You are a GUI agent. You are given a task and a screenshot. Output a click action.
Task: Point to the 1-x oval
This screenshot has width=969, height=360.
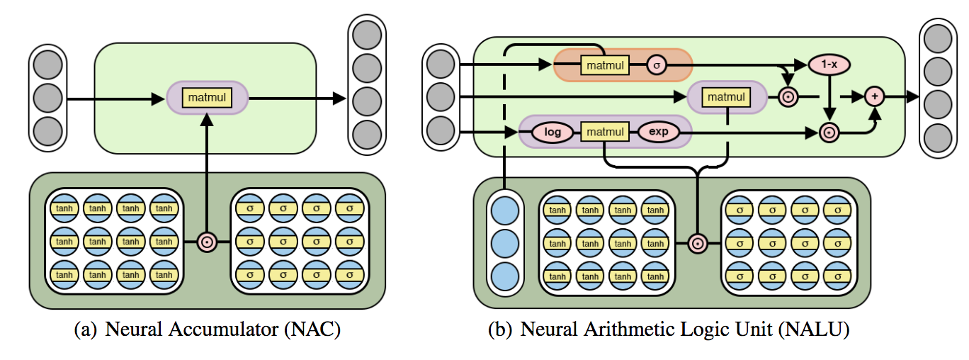[828, 64]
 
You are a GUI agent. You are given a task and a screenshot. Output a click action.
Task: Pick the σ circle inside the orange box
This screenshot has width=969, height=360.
[656, 65]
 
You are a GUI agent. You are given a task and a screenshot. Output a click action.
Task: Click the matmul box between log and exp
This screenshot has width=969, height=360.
[604, 132]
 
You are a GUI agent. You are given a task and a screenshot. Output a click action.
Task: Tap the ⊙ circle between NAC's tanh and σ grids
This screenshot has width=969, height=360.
[207, 242]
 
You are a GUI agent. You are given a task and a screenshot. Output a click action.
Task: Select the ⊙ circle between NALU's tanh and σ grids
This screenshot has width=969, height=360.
[698, 243]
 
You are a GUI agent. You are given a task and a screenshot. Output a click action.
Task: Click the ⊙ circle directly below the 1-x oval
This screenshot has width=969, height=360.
[828, 131]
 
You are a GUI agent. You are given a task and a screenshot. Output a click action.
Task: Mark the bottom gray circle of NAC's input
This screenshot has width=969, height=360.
[47, 130]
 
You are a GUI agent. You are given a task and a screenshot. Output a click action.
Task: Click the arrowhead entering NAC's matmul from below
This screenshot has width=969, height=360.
[207, 122]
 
